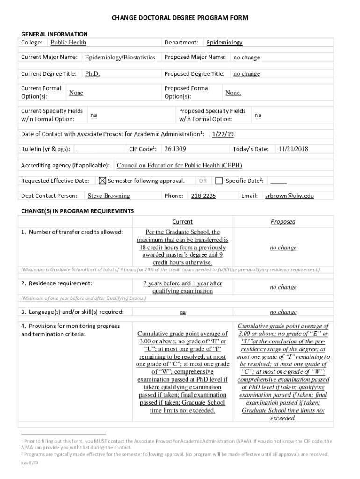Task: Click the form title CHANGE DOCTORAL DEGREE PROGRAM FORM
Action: [x=180, y=18]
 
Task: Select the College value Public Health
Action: [x=68, y=43]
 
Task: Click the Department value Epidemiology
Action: [x=224, y=43]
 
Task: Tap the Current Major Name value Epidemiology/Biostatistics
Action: [x=120, y=58]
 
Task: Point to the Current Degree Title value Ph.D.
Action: [x=92, y=74]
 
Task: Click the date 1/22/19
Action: [x=223, y=134]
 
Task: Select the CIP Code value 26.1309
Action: [x=175, y=149]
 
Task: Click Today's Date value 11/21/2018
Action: [x=293, y=149]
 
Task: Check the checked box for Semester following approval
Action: [x=103, y=181]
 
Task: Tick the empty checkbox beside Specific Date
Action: [x=219, y=181]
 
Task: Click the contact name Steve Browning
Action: [x=108, y=196]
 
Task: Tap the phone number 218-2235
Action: [x=203, y=196]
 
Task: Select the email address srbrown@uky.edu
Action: [x=289, y=196]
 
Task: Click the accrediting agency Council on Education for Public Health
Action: [x=179, y=166]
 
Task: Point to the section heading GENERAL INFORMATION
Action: [x=54, y=34]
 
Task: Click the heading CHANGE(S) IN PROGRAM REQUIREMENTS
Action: [x=77, y=211]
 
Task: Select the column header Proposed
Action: [x=283, y=222]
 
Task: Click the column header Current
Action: [x=182, y=222]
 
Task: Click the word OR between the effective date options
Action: [x=202, y=181]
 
